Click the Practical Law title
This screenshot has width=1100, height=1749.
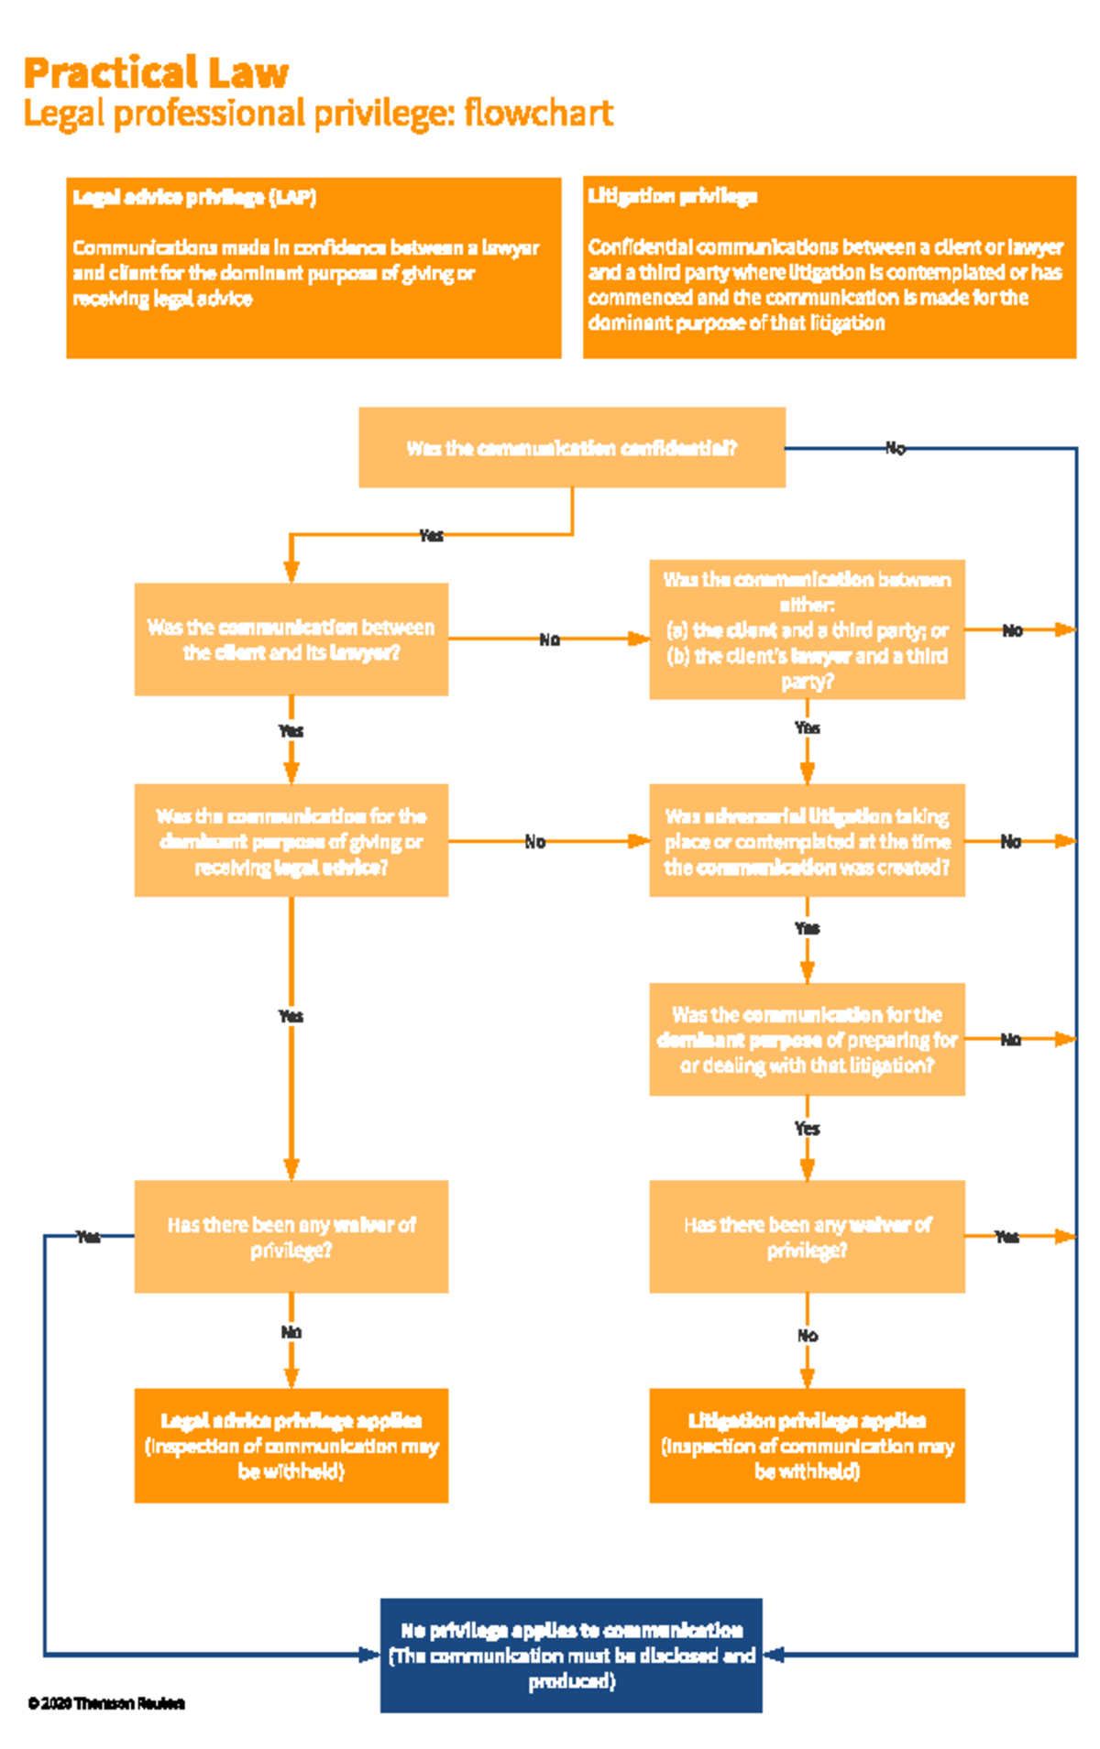(x=156, y=73)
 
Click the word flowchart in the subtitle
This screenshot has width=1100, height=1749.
(x=538, y=114)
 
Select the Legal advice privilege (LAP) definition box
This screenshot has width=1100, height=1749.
(x=313, y=267)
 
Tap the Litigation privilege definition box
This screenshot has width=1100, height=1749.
(x=829, y=267)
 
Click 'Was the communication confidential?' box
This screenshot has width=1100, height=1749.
(x=571, y=447)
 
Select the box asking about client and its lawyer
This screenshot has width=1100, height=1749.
(x=291, y=639)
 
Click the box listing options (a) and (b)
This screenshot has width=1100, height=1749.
(x=806, y=629)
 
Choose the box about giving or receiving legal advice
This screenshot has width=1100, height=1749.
(x=291, y=840)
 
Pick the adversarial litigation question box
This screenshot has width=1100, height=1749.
(x=806, y=840)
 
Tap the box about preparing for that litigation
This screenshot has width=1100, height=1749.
(x=806, y=1039)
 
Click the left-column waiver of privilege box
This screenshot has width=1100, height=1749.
(x=291, y=1236)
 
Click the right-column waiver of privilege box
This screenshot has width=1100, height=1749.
(x=806, y=1236)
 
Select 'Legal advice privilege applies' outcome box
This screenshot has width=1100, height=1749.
(x=291, y=1445)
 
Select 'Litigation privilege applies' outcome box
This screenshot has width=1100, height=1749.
(x=806, y=1445)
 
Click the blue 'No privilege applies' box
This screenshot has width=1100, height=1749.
(x=570, y=1655)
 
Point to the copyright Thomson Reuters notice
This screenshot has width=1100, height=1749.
(x=106, y=1703)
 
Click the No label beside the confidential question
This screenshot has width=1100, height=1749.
(x=895, y=448)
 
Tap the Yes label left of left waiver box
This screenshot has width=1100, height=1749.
(x=88, y=1237)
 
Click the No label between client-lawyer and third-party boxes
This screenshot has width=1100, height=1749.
(x=549, y=639)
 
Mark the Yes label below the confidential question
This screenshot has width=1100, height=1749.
(x=431, y=535)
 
